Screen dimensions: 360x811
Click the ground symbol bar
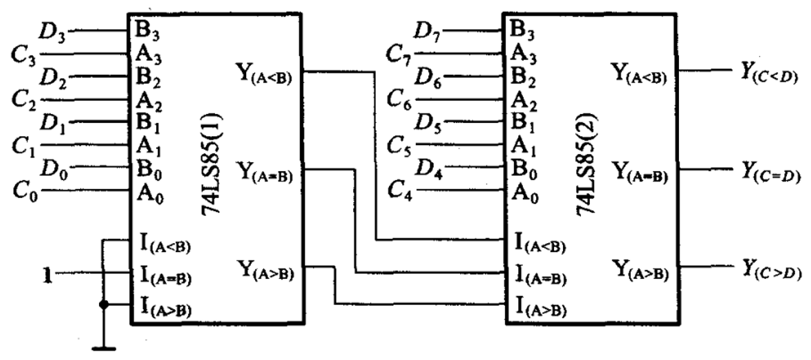[104, 348]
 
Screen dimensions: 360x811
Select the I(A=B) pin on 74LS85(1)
[165, 276]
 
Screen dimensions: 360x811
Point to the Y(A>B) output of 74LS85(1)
[265, 269]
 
